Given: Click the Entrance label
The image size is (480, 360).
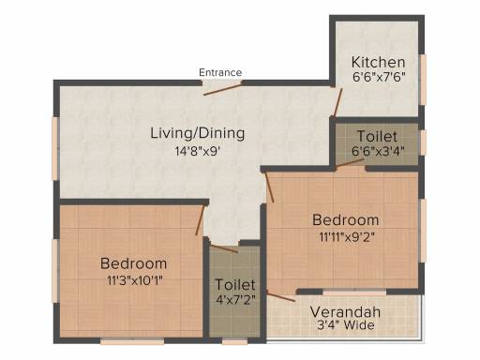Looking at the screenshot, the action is pyautogui.click(x=220, y=72).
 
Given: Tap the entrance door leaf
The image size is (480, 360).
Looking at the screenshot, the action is pyautogui.click(x=223, y=89).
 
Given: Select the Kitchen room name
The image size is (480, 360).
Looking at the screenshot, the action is pyautogui.click(x=378, y=62).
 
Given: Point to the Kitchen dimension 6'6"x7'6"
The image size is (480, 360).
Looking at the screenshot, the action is pyautogui.click(x=379, y=77).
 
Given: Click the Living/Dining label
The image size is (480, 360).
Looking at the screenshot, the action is pyautogui.click(x=198, y=133).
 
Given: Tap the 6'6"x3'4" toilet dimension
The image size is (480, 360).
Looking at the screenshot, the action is pyautogui.click(x=378, y=151).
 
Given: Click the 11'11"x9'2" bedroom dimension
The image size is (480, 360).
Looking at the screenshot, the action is pyautogui.click(x=347, y=237).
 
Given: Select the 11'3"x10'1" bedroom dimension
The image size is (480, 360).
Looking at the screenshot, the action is pyautogui.click(x=135, y=280).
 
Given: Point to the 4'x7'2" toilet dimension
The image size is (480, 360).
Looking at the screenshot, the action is pyautogui.click(x=235, y=300).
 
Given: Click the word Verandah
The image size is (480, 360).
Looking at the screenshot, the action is pyautogui.click(x=345, y=312).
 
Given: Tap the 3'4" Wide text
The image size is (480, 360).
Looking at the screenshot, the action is pyautogui.click(x=345, y=325).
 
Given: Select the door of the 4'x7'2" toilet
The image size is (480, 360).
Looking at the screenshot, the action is pyautogui.click(x=224, y=248).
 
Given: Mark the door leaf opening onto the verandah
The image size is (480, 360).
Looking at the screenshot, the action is pyautogui.click(x=281, y=296).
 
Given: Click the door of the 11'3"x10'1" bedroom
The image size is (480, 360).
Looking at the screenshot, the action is pyautogui.click(x=200, y=220).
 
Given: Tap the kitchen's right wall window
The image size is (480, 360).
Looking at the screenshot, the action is pyautogui.click(x=423, y=80).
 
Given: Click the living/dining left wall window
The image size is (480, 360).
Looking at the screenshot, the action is pyautogui.click(x=55, y=148).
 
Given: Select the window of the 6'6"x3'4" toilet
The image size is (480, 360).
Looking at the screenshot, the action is pyautogui.click(x=423, y=142).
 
